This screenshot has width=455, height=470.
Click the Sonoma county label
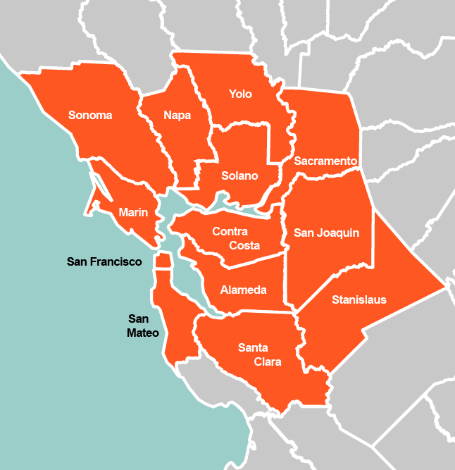(90, 116)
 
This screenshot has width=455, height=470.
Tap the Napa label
(177, 116)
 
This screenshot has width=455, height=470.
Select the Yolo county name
(240, 94)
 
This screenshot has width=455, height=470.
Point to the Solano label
(239, 175)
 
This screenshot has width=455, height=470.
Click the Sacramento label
(325, 161)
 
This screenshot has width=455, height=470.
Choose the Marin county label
(133, 212)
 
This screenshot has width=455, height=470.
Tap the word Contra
(230, 231)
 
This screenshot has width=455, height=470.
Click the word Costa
(244, 245)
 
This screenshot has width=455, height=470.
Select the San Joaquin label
(327, 233)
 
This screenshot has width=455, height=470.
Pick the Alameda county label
(243, 290)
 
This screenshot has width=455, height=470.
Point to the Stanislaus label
(359, 299)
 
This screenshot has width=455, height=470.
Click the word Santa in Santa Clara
(253, 347)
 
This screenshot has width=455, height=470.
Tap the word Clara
(268, 361)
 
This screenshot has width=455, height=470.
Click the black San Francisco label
(104, 261)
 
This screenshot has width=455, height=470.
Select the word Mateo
(143, 333)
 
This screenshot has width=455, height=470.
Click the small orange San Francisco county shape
(163, 261)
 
